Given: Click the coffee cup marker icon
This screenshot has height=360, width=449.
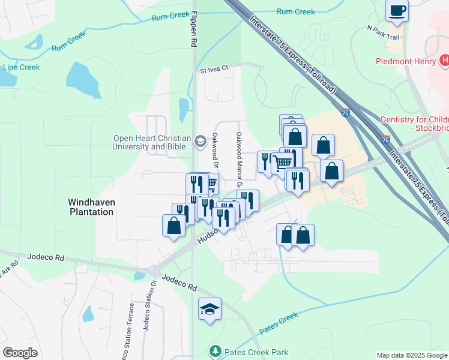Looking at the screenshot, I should [x=397, y=10].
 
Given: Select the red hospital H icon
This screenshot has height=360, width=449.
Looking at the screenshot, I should [x=444, y=60].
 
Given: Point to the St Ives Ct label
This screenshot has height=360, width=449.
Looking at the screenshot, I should [x=215, y=68].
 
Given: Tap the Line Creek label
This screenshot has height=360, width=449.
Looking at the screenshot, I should [x=21, y=67].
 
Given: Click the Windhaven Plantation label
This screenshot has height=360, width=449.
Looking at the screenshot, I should [x=91, y=207].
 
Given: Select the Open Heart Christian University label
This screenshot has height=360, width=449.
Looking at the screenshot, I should [x=152, y=142].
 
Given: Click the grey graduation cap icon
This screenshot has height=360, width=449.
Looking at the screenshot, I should [x=200, y=142].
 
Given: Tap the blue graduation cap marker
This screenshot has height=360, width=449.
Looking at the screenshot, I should [x=209, y=309].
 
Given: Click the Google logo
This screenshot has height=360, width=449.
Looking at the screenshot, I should [x=20, y=352].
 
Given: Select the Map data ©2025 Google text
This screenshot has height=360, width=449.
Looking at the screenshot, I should [x=412, y=355].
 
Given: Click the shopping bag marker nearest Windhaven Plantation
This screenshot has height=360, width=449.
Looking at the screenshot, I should [x=173, y=226].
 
